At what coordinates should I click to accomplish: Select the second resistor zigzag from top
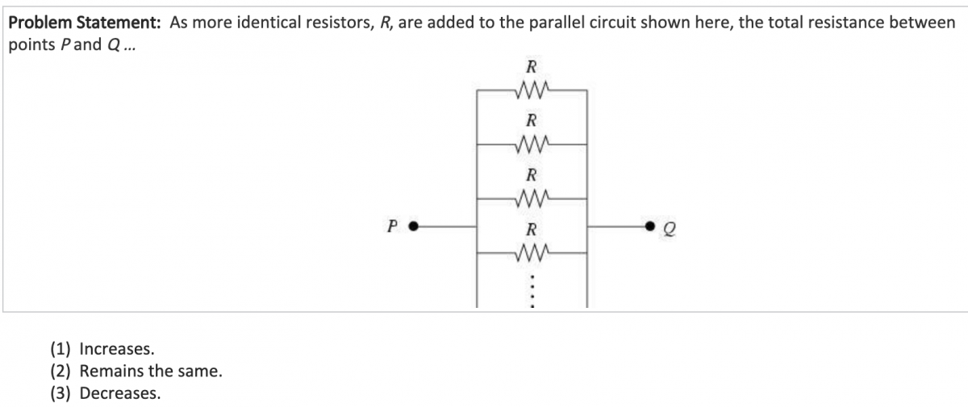(x=532, y=145)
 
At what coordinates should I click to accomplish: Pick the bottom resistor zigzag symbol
(x=532, y=253)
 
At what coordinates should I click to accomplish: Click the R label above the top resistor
(x=532, y=67)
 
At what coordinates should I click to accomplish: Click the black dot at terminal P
(x=413, y=226)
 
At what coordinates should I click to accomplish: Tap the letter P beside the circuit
(x=393, y=226)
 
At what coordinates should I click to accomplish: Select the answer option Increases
(x=117, y=349)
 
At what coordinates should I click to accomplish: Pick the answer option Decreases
(x=120, y=393)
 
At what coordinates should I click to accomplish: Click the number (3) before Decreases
(x=60, y=393)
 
